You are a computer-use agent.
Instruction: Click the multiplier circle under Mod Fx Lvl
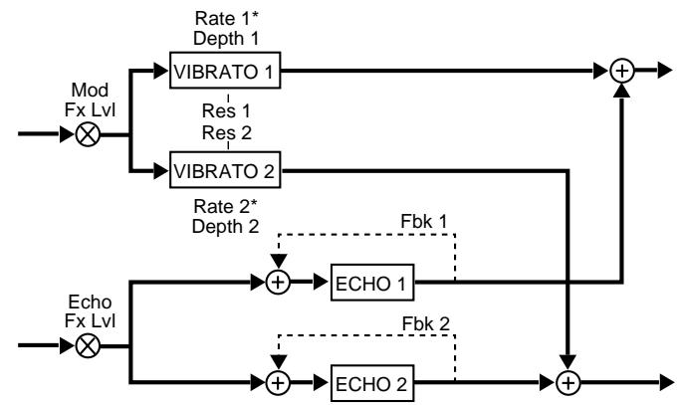88,136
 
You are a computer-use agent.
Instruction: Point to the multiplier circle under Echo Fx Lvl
88,346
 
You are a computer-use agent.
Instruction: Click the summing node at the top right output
623,72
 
